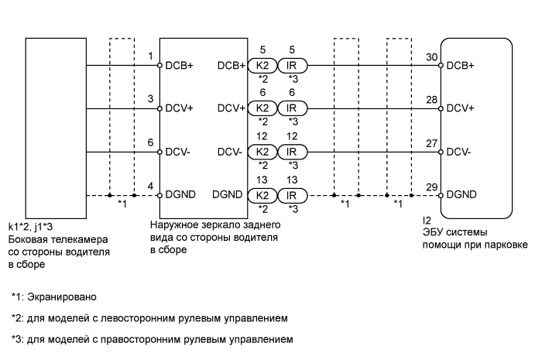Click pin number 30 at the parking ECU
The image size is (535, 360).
tap(431, 57)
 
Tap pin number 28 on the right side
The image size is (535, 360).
tap(431, 100)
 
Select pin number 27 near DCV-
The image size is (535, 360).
tap(431, 143)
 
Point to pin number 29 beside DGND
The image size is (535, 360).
tap(431, 187)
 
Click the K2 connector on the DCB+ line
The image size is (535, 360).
tap(262, 65)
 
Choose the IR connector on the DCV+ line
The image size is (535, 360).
tap(293, 108)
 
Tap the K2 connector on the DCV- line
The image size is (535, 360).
tap(262, 152)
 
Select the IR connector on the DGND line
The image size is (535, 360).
tap(293, 196)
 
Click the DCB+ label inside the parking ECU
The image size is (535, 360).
tap(460, 65)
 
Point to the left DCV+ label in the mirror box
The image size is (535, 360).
tap(179, 108)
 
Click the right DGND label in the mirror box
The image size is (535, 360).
tap(227, 194)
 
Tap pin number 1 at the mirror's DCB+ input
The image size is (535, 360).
tap(150, 56)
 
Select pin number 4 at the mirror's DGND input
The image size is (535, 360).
tap(150, 187)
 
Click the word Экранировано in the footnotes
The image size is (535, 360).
tap(62, 297)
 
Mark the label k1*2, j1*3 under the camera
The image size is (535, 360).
tap(30, 227)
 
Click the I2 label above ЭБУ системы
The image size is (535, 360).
tap(427, 221)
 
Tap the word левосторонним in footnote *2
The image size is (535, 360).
tap(140, 318)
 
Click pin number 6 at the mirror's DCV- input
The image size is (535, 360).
tap(150, 142)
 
